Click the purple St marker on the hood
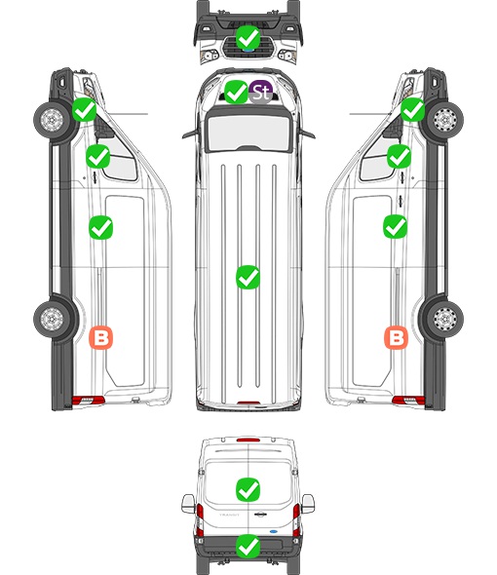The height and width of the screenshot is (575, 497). click(261, 92)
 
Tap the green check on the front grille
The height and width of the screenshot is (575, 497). click(248, 37)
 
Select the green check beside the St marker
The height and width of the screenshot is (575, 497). click(236, 92)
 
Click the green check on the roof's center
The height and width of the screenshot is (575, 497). click(248, 277)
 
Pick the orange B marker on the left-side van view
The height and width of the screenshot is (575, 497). click(101, 337)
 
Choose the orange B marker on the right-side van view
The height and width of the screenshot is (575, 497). click(396, 337)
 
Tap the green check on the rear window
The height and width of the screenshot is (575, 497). click(248, 489)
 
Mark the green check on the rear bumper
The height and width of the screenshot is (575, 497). click(248, 547)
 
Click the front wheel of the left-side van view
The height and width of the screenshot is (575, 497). click(53, 120)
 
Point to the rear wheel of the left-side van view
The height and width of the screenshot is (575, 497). click(53, 318)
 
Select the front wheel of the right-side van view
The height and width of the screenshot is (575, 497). click(444, 120)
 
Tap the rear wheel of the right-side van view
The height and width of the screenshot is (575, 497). click(444, 318)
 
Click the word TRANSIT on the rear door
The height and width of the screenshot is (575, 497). click(229, 515)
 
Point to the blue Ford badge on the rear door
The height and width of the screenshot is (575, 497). click(273, 531)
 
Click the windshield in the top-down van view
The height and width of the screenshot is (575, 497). click(248, 133)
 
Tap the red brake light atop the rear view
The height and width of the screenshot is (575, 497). click(248, 440)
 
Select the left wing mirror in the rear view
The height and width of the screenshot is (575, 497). click(188, 504)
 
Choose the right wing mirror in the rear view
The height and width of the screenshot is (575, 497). click(308, 504)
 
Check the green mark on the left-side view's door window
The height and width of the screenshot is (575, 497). click(97, 157)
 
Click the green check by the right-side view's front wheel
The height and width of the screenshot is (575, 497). click(412, 110)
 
